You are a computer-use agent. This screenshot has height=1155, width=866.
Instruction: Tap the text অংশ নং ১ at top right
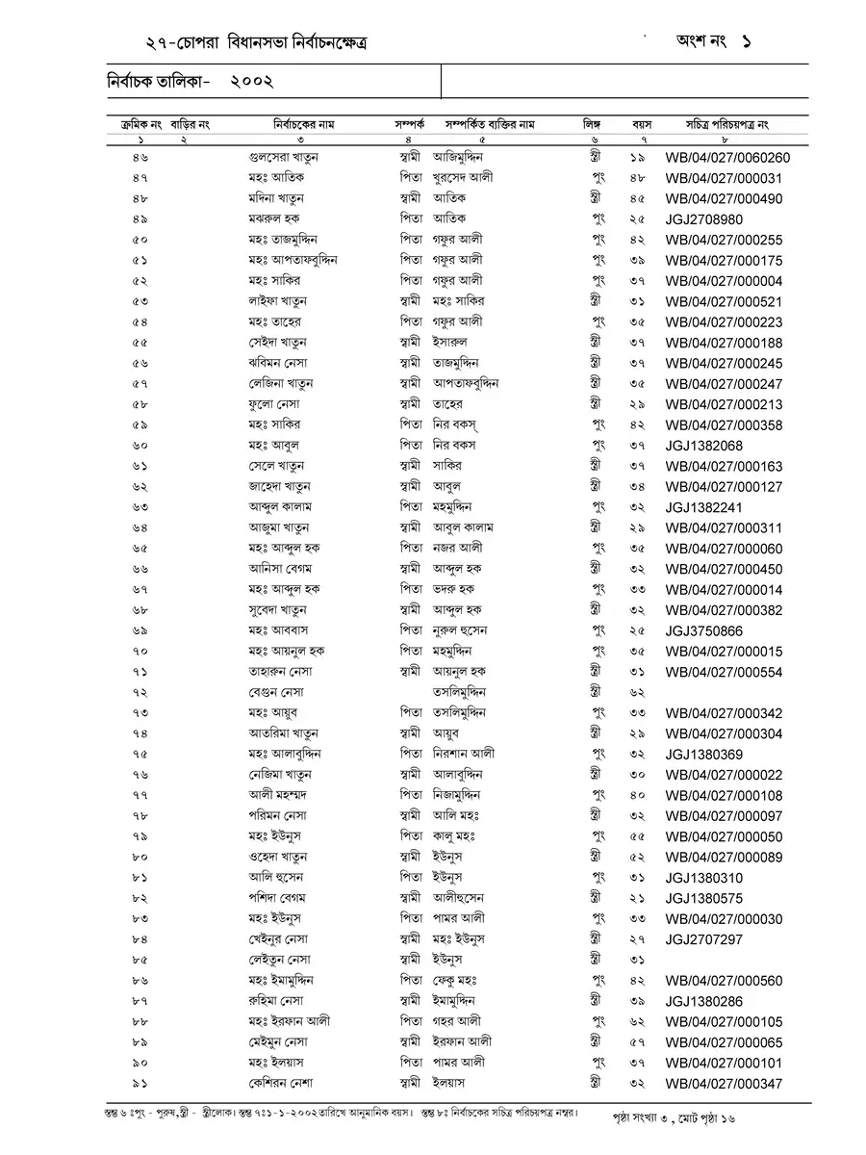point(713,42)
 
